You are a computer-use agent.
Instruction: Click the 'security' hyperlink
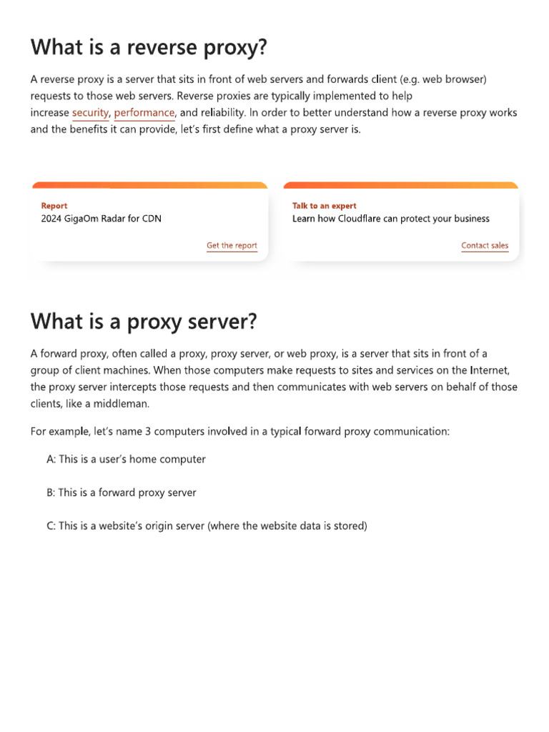pyautogui.click(x=90, y=113)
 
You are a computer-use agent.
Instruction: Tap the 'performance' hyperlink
pyautogui.click(x=144, y=113)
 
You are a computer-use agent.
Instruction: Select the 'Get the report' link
pyautogui.click(x=232, y=246)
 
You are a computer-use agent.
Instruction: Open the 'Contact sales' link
pyautogui.click(x=485, y=246)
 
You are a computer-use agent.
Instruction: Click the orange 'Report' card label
pyautogui.click(x=54, y=206)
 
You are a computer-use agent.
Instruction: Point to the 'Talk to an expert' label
pyautogui.click(x=324, y=206)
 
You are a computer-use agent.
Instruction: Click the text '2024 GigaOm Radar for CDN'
pyautogui.click(x=102, y=219)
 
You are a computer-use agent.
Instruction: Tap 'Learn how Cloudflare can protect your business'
pyautogui.click(x=391, y=219)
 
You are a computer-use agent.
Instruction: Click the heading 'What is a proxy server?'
pyautogui.click(x=143, y=322)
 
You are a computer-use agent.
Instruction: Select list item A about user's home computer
pyautogui.click(x=126, y=460)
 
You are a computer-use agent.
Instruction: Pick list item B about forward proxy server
pyautogui.click(x=122, y=493)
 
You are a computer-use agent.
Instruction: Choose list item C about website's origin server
pyautogui.click(x=207, y=526)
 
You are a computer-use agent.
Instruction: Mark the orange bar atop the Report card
pyautogui.click(x=150, y=185)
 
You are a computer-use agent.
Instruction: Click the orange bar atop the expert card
pyautogui.click(x=401, y=185)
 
